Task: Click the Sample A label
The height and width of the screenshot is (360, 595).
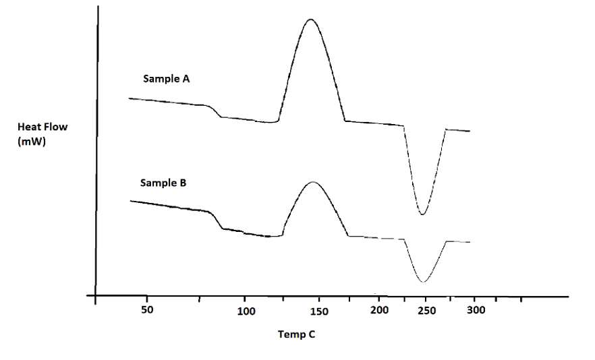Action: (166, 79)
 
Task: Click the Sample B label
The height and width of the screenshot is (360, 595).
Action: (164, 183)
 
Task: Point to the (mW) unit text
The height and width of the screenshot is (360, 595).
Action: (32, 142)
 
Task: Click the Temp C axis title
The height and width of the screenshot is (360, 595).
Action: (296, 334)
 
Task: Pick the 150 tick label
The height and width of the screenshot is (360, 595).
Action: (319, 311)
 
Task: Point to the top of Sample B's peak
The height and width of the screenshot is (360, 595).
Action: (312, 182)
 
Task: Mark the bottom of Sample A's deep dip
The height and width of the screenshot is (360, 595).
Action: (423, 214)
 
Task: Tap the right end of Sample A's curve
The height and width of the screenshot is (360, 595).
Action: (469, 131)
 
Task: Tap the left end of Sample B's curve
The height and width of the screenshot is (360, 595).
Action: (130, 201)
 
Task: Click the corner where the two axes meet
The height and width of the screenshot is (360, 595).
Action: (96, 295)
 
